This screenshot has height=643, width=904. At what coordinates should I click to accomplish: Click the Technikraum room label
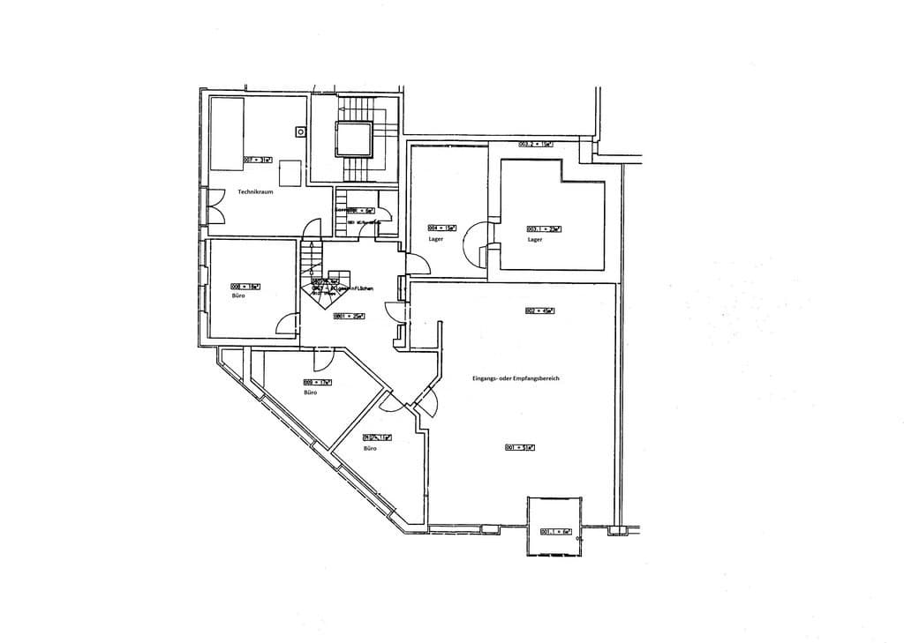click(254, 191)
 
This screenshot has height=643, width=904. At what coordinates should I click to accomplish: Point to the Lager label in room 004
click(435, 239)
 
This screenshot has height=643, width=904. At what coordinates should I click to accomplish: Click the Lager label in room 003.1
click(534, 239)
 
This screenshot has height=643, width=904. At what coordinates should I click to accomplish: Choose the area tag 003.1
click(544, 228)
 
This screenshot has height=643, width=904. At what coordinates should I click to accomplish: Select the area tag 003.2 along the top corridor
click(535, 144)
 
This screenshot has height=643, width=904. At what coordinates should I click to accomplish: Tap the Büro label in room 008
click(238, 297)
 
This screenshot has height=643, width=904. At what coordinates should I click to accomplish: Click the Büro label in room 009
click(310, 392)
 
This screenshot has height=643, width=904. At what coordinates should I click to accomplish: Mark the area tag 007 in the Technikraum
click(257, 160)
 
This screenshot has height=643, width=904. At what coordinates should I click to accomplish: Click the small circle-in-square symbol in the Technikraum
click(301, 131)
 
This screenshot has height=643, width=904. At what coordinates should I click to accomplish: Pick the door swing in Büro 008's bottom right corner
click(288, 325)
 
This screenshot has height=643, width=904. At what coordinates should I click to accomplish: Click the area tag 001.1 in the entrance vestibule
click(552, 531)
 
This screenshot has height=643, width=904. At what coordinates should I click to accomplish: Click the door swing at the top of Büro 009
click(322, 355)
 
